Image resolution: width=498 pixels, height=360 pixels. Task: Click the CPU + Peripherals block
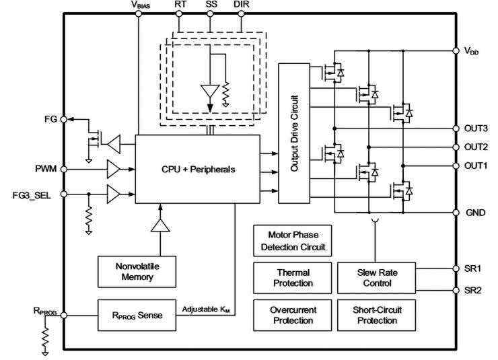(x=197, y=169)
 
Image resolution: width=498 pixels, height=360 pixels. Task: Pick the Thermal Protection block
(x=292, y=277)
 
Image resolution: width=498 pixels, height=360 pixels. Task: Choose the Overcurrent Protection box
(x=292, y=314)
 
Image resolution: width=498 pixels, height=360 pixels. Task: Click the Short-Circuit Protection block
(x=375, y=314)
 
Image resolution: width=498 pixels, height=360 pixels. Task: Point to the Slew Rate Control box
(x=375, y=277)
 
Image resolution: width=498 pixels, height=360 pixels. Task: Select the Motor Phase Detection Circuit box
(x=292, y=241)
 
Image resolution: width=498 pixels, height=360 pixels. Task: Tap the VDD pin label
(x=471, y=50)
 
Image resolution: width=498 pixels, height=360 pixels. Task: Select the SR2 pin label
(x=472, y=291)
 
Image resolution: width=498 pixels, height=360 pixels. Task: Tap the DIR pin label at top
(x=241, y=5)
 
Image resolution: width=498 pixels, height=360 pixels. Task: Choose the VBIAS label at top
(x=141, y=5)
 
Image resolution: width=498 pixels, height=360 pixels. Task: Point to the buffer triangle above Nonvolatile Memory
(x=160, y=226)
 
